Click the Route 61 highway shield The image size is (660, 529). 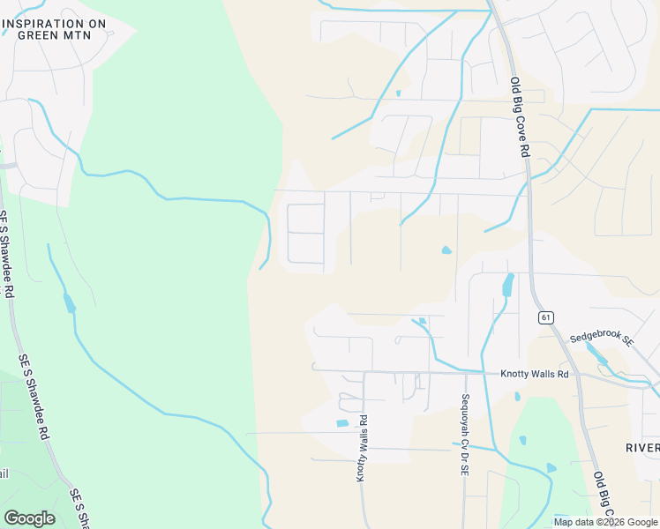click(547, 317)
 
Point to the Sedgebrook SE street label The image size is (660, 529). click(602, 338)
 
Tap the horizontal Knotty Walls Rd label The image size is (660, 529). click(535, 374)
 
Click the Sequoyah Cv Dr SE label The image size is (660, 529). click(463, 435)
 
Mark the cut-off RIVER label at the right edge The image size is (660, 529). click(643, 447)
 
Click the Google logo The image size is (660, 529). click(29, 518)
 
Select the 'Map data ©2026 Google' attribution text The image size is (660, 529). click(606, 522)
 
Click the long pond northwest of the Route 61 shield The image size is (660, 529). click(507, 284)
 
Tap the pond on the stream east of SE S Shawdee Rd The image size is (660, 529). click(69, 303)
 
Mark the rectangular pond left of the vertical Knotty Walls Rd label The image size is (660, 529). click(343, 424)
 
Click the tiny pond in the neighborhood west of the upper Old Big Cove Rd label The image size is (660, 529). click(399, 93)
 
